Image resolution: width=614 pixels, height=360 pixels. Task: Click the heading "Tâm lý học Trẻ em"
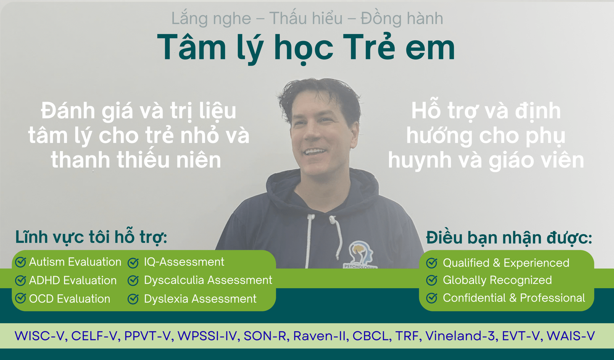[306, 48]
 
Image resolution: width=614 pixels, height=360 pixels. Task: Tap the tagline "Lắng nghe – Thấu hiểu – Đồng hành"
[307, 18]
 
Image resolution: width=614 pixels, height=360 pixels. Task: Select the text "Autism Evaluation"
[75, 262]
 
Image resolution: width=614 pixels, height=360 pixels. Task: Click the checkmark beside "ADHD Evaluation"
[20, 280]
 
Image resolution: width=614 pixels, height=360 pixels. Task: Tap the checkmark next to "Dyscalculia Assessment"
[133, 280]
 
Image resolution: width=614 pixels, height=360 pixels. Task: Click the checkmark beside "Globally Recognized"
[432, 280]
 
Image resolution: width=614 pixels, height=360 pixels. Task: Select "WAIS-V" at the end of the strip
[571, 336]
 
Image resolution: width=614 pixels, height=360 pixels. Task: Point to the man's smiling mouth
[315, 152]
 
